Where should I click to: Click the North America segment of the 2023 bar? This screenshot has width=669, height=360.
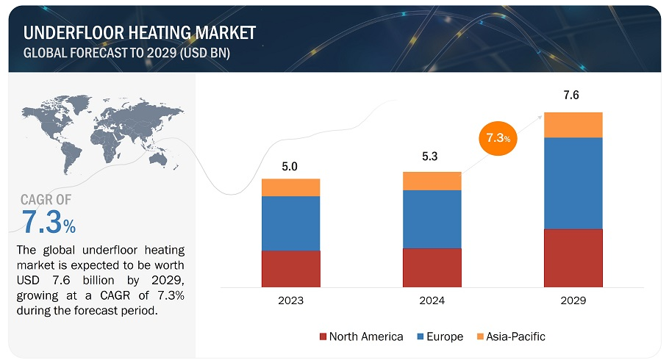[x=290, y=268]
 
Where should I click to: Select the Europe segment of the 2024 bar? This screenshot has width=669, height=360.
[x=432, y=219]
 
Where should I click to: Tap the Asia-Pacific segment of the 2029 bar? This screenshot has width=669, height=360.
[x=573, y=125]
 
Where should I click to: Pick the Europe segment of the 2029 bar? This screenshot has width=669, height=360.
[x=573, y=183]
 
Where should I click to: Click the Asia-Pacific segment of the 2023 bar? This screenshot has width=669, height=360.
[x=290, y=187]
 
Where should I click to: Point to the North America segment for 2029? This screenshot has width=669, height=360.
[x=573, y=257]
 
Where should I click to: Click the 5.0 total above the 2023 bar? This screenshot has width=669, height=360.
[x=290, y=167]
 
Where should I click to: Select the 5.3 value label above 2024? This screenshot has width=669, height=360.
[x=432, y=156]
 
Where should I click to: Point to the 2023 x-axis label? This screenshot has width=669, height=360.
[x=290, y=300]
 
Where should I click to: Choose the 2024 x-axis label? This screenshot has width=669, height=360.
[x=432, y=300]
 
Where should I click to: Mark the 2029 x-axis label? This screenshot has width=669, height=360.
[x=573, y=300]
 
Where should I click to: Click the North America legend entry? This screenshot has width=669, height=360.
[x=361, y=336]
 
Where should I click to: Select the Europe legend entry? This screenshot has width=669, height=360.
[x=440, y=336]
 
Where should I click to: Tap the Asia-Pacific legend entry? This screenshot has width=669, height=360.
[x=510, y=336]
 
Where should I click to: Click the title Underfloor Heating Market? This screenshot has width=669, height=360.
[x=139, y=33]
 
